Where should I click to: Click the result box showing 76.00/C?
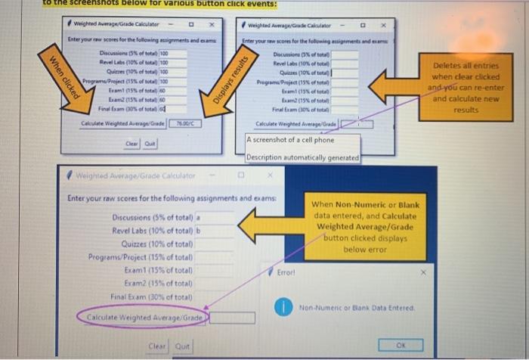click(x=186, y=122)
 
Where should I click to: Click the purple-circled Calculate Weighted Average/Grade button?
click(x=144, y=318)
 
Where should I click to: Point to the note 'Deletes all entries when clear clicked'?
click(x=466, y=88)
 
